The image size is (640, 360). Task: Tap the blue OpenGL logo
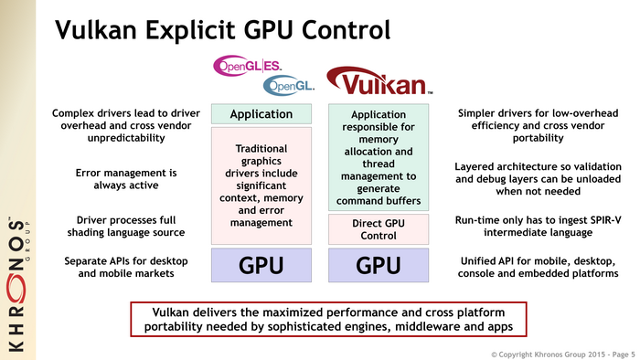click(287, 86)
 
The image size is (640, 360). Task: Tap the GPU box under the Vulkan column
click(378, 266)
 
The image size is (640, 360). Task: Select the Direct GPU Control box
click(378, 228)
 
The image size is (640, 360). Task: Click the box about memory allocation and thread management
click(378, 157)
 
